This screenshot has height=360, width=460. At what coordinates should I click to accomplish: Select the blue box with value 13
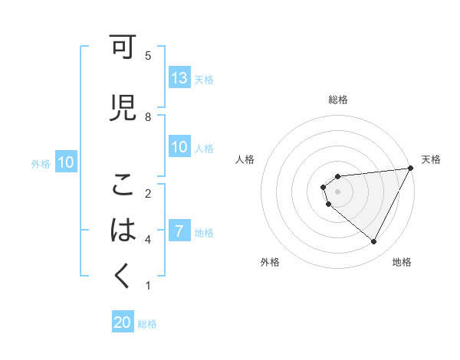[x=179, y=78]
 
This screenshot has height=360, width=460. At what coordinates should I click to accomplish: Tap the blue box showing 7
[x=179, y=231]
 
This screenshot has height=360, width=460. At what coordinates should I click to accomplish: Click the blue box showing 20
[x=123, y=322]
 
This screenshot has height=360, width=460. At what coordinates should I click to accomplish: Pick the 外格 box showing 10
[x=66, y=162]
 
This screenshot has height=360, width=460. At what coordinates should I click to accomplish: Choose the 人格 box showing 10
[x=179, y=147]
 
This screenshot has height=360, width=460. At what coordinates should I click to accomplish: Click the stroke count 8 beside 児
[x=148, y=116]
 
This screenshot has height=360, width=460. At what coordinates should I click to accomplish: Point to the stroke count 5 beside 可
[x=148, y=56]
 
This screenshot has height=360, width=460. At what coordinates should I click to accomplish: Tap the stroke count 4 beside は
[x=148, y=240]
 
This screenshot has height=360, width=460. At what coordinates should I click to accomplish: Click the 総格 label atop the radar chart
[x=338, y=100]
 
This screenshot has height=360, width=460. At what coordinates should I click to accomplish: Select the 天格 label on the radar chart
[x=431, y=159]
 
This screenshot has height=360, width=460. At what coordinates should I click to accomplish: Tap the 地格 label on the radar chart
[x=402, y=262]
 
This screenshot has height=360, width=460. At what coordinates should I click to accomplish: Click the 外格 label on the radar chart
[x=270, y=262]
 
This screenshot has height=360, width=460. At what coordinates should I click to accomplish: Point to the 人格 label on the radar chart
[x=245, y=159]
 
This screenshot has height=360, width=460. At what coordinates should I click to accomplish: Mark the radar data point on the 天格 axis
[x=410, y=168]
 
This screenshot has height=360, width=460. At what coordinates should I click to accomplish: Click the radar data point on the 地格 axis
[x=374, y=242]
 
